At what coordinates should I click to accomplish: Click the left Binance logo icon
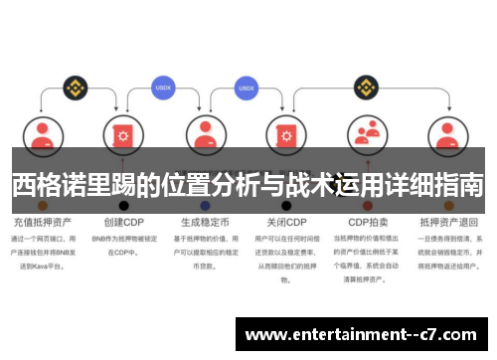click(x=73, y=88)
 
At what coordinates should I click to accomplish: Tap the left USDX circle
click(x=164, y=87)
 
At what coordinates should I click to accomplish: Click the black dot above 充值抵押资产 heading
click(x=42, y=205)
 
